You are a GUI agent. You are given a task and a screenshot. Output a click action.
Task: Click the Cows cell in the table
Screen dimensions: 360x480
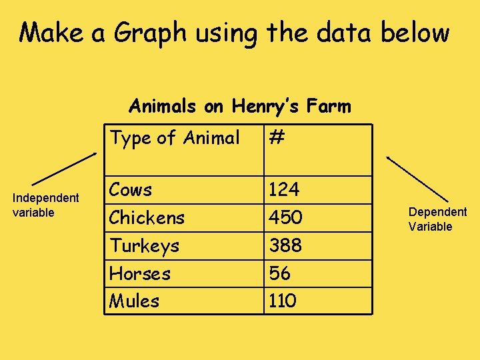pos(131,190)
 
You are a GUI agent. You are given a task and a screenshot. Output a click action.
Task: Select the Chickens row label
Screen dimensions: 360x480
pos(147,217)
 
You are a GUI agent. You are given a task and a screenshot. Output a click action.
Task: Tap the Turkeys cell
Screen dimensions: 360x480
pos(145,246)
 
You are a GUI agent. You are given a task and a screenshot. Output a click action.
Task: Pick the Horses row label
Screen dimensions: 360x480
pos(140,273)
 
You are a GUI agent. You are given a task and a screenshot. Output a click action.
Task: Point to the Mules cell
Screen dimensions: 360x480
pos(135,301)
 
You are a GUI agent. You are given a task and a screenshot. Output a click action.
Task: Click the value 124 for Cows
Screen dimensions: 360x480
pos(284,190)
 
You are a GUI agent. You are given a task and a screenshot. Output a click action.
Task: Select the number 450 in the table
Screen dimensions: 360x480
pos(285,217)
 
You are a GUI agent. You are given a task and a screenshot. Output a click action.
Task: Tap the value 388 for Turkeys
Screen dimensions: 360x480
pos(285,246)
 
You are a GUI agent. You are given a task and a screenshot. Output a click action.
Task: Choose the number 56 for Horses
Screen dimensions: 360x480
pos(279,273)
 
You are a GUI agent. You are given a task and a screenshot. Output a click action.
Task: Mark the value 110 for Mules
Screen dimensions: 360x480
pos(282,301)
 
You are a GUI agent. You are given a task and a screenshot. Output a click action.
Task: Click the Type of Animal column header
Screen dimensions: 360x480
pos(175,138)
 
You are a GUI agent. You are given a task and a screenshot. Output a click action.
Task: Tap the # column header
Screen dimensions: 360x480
pos(277,138)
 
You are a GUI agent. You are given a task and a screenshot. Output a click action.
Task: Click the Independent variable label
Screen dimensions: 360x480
pos(46,205)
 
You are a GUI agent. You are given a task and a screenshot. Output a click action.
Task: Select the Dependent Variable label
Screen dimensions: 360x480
pos(437,219)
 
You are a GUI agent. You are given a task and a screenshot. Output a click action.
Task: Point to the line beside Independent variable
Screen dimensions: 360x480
pos(64,168)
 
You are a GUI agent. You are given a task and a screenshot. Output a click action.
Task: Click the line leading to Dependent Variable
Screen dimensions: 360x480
pos(417,179)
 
